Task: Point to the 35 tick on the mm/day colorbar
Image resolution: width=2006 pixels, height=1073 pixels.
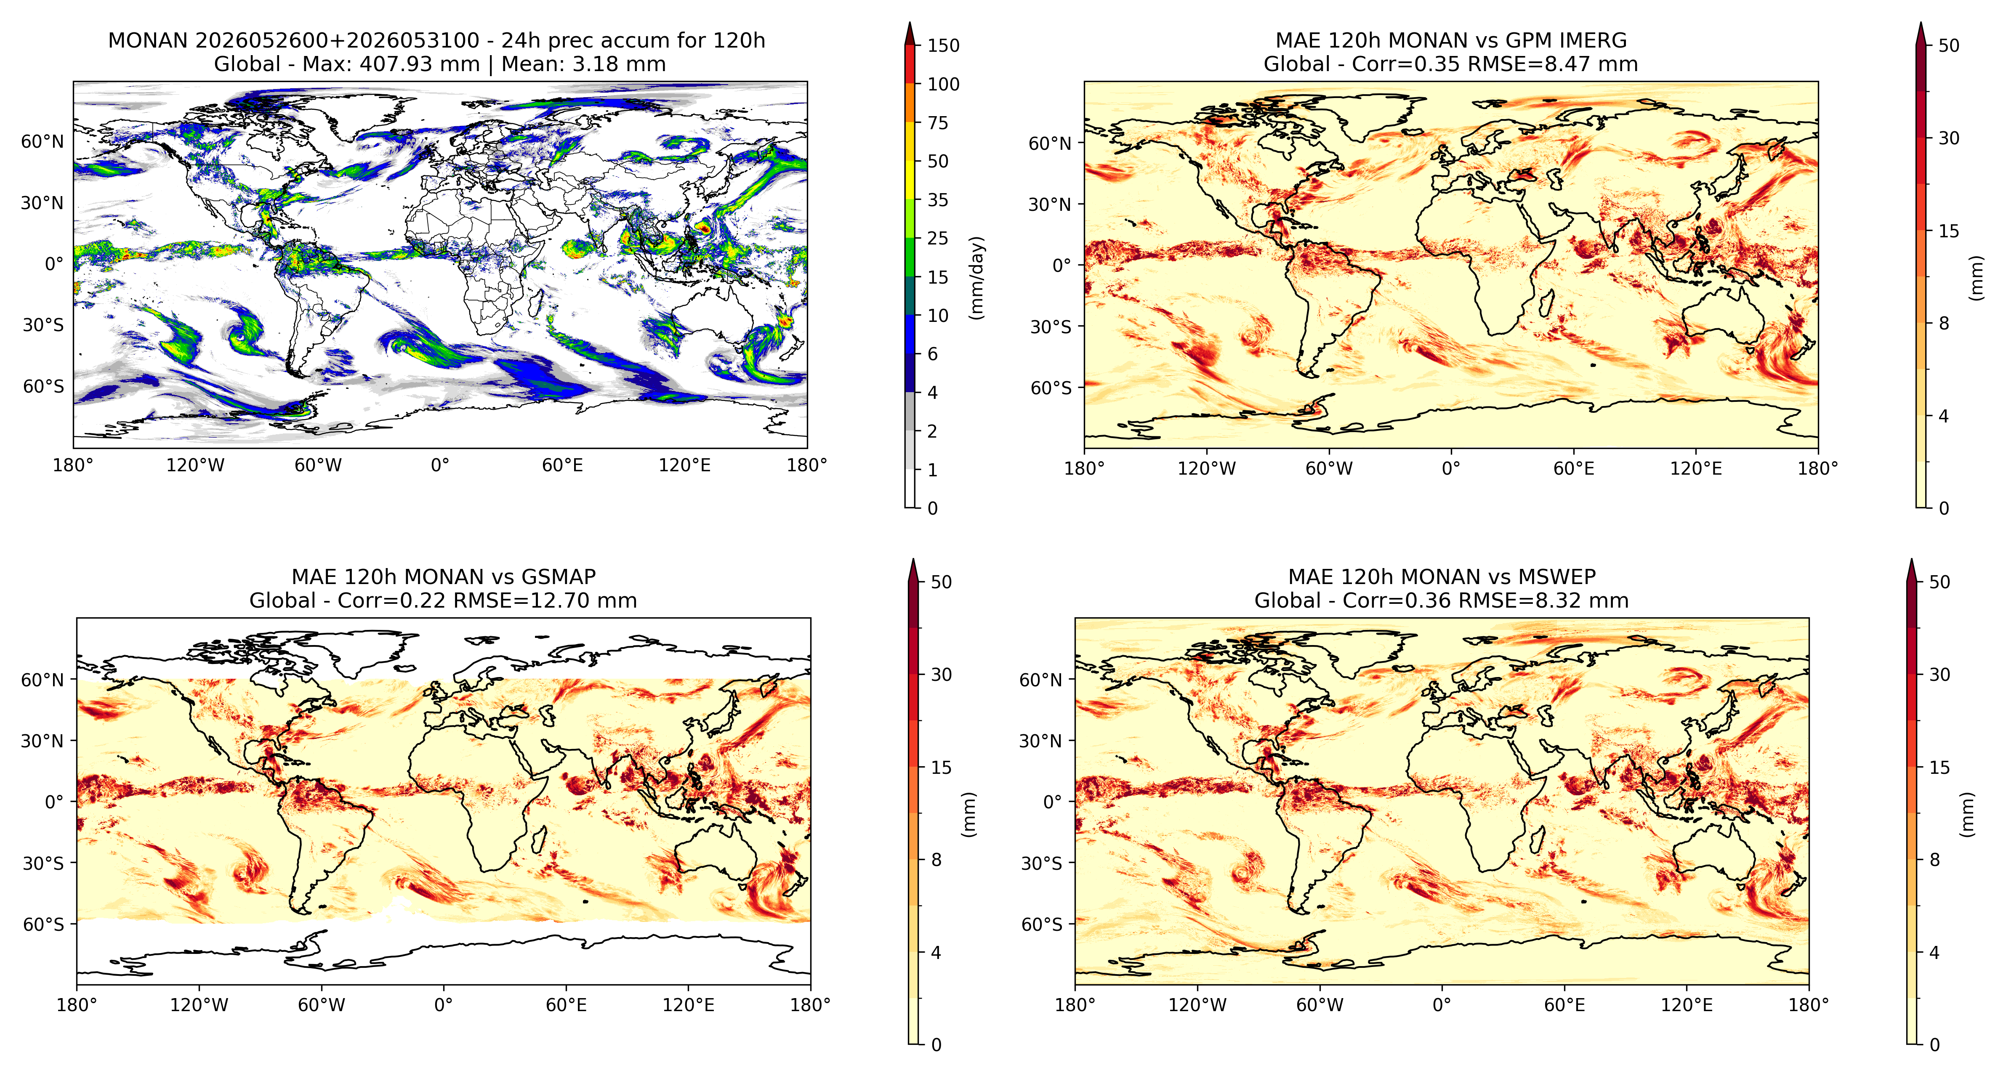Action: tap(938, 200)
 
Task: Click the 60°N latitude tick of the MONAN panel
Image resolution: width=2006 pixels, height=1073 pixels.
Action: tap(42, 142)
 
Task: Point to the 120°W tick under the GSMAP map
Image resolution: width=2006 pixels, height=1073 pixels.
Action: tap(200, 1004)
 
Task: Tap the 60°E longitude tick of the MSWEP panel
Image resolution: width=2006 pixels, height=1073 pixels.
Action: tap(1564, 1004)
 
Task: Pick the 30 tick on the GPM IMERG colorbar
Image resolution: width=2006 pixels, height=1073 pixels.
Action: tap(1948, 138)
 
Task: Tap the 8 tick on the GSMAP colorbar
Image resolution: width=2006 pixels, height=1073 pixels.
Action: tap(936, 860)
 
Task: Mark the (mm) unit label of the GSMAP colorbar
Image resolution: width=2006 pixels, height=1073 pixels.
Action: tap(968, 814)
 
